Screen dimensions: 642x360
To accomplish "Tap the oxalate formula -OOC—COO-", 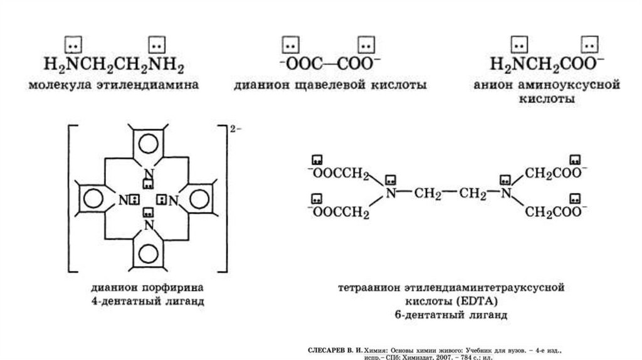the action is (329, 64).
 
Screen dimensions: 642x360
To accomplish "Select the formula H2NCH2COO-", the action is (547, 65).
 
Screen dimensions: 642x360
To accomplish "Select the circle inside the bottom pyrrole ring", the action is (149, 254).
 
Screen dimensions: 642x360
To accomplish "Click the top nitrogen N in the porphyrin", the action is (149, 174).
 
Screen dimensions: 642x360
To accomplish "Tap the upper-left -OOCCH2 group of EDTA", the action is (338, 173).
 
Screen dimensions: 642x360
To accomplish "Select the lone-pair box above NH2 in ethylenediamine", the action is (156, 45).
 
